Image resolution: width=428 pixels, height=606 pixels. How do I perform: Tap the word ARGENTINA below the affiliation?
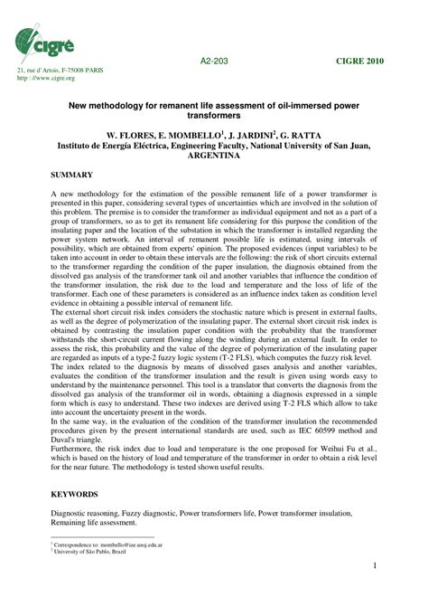[213, 155]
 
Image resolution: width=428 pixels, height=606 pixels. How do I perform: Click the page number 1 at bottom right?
[373, 567]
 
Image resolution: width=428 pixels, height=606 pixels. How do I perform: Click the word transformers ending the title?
[213, 116]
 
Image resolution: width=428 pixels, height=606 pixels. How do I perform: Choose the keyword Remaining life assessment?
[95, 522]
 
